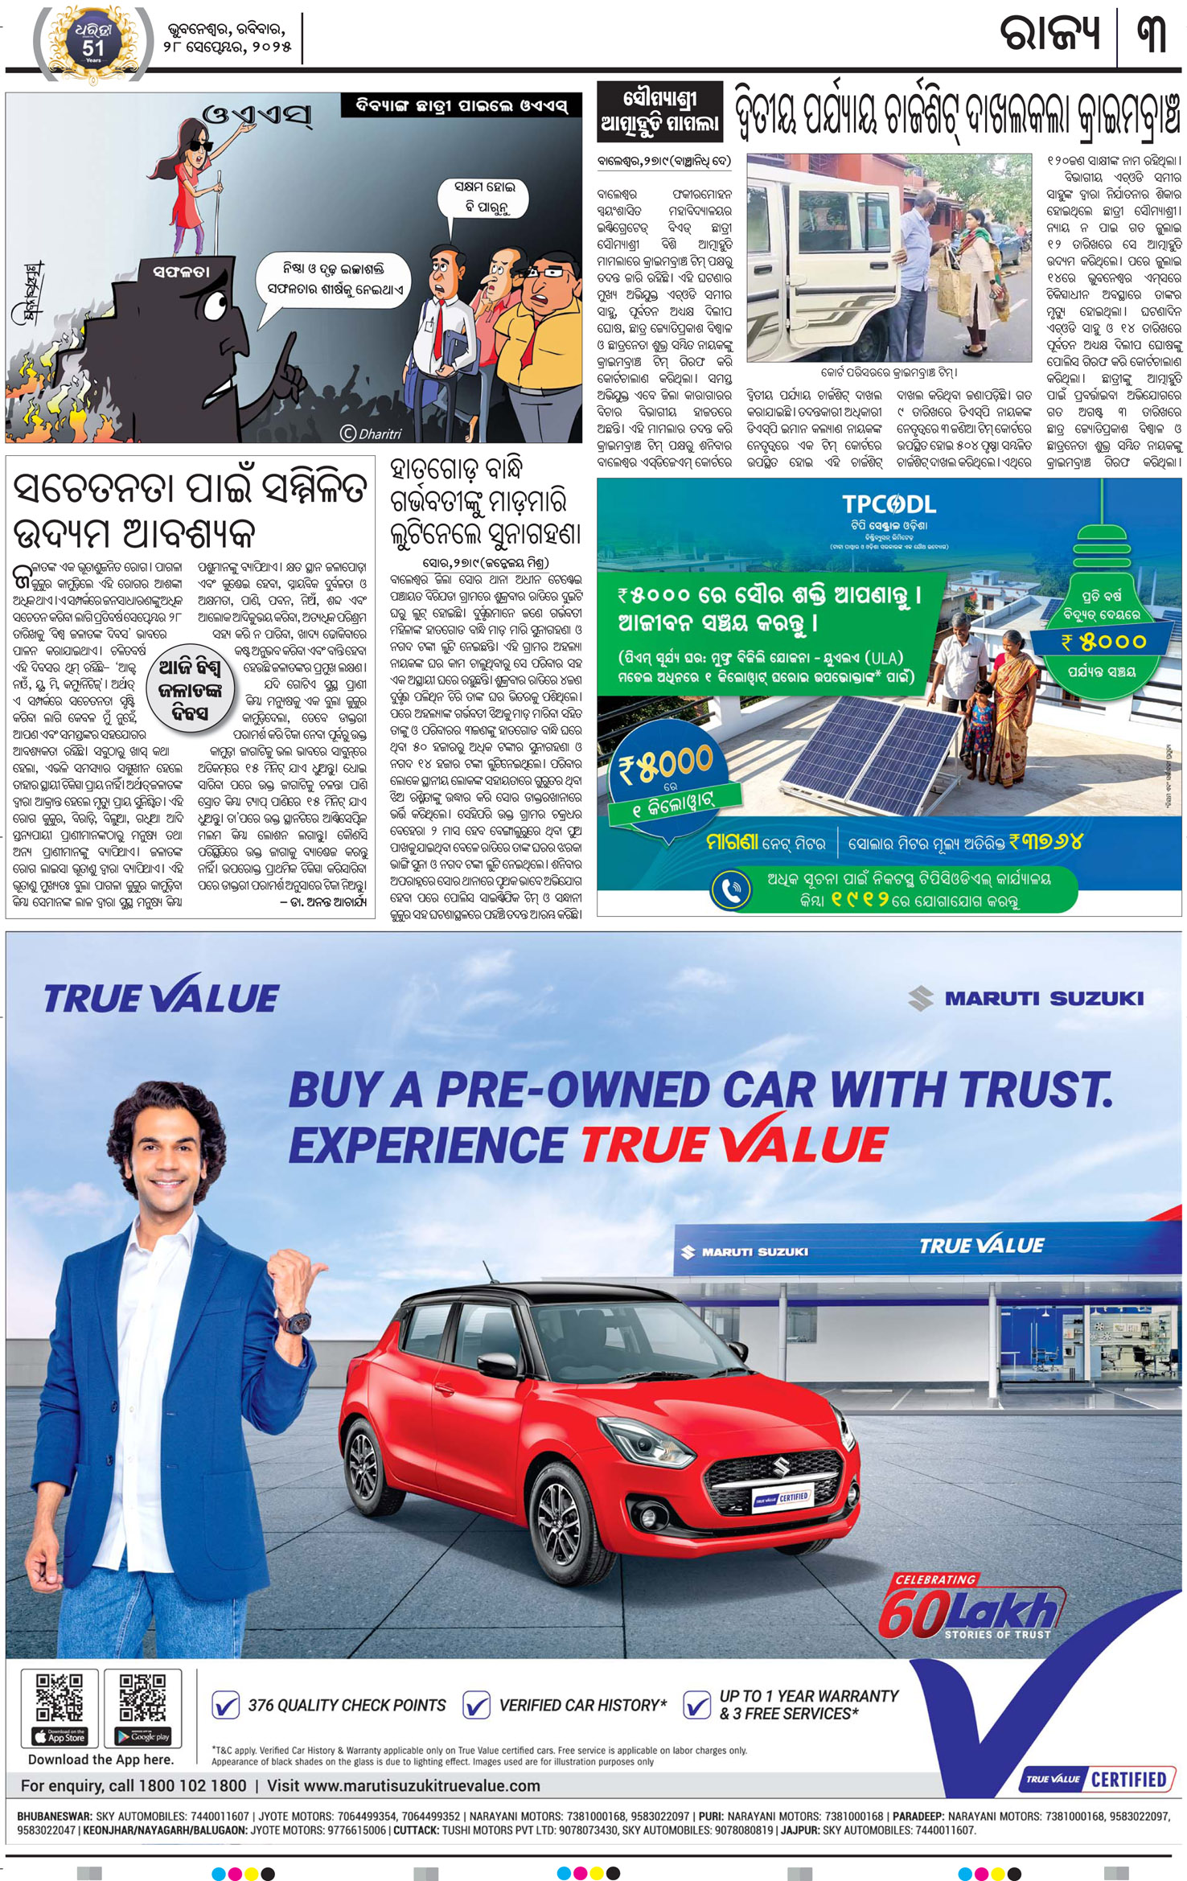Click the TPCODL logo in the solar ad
coord(889,504)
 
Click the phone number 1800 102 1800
coord(192,1785)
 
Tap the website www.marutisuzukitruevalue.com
coord(403,1785)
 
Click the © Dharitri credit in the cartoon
coord(371,433)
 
